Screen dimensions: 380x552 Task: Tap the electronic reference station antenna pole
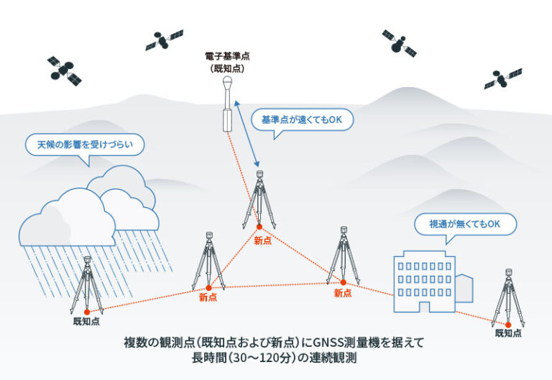point(227,108)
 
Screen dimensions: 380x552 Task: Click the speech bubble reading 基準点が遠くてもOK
point(302,119)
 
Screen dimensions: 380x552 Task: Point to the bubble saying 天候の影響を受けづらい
point(85,144)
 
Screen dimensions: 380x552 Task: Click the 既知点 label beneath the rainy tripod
point(86,321)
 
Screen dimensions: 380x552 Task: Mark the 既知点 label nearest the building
point(508,333)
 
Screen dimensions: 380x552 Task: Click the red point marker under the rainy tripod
point(87,312)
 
